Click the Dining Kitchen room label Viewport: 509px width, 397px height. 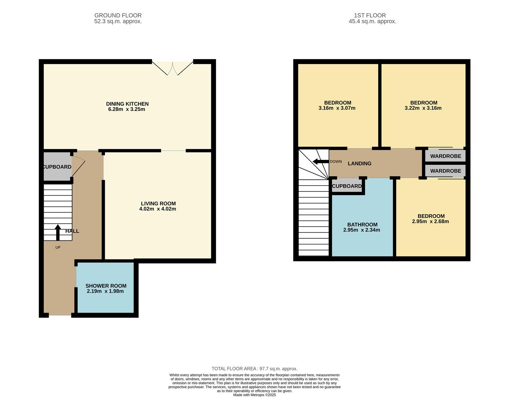(127, 104)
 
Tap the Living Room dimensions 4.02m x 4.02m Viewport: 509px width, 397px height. (158, 209)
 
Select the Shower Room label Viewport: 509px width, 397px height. (106, 286)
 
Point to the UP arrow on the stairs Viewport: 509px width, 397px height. (58, 232)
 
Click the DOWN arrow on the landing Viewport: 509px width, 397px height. (320, 161)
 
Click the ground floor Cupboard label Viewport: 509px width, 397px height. (57, 167)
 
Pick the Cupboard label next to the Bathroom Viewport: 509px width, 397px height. (347, 186)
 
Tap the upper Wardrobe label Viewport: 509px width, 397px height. (445, 156)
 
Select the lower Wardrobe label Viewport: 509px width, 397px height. (445, 171)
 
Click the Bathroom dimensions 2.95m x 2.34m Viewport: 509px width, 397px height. (362, 230)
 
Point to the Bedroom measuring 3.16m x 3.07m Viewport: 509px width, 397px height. (337, 105)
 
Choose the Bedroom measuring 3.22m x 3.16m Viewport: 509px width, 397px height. (423, 105)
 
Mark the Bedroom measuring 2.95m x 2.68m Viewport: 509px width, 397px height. (431, 219)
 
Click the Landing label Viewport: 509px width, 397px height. (359, 164)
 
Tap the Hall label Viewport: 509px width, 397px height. (72, 231)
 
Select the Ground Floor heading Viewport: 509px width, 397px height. (118, 15)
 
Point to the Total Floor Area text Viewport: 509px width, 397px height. (254, 369)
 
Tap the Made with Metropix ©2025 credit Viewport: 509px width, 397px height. (254, 395)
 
